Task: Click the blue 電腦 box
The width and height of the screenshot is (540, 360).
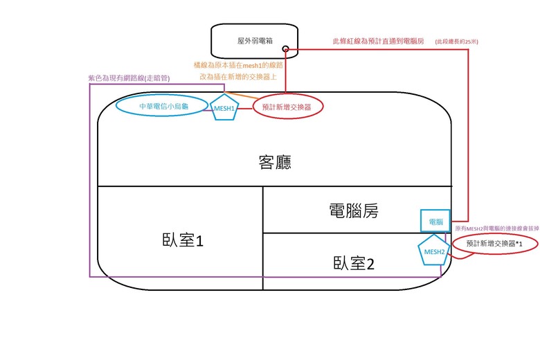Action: pyautogui.click(x=435, y=222)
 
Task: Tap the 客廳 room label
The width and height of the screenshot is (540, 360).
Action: pyautogui.click(x=271, y=162)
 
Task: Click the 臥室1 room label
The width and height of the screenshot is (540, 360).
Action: pyautogui.click(x=180, y=241)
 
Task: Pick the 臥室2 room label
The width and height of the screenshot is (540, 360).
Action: pyautogui.click(x=352, y=263)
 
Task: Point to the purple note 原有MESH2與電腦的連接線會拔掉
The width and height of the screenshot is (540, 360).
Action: pyautogui.click(x=496, y=227)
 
